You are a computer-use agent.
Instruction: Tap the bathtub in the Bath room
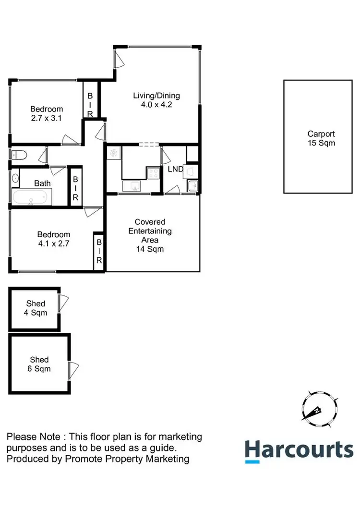click(x=31, y=197)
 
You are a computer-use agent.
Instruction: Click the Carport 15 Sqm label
click(x=321, y=138)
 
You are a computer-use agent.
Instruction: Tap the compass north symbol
click(x=317, y=410)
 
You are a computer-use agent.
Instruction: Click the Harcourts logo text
click(x=299, y=450)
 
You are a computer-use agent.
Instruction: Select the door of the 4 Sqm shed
click(x=63, y=303)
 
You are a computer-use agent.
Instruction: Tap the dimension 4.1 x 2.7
click(x=54, y=243)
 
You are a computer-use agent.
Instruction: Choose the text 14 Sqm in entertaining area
click(x=150, y=249)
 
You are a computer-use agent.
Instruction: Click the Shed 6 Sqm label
click(x=39, y=364)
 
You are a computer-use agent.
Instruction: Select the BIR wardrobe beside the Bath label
click(x=75, y=187)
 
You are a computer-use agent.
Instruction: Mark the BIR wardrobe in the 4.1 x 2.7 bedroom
click(x=98, y=251)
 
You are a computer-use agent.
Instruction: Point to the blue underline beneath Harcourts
click(x=252, y=461)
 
